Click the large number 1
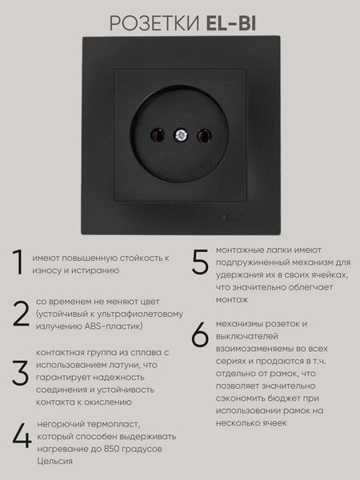(18, 264)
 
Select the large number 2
(20, 314)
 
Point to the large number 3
(20, 372)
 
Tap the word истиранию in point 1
(94, 270)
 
